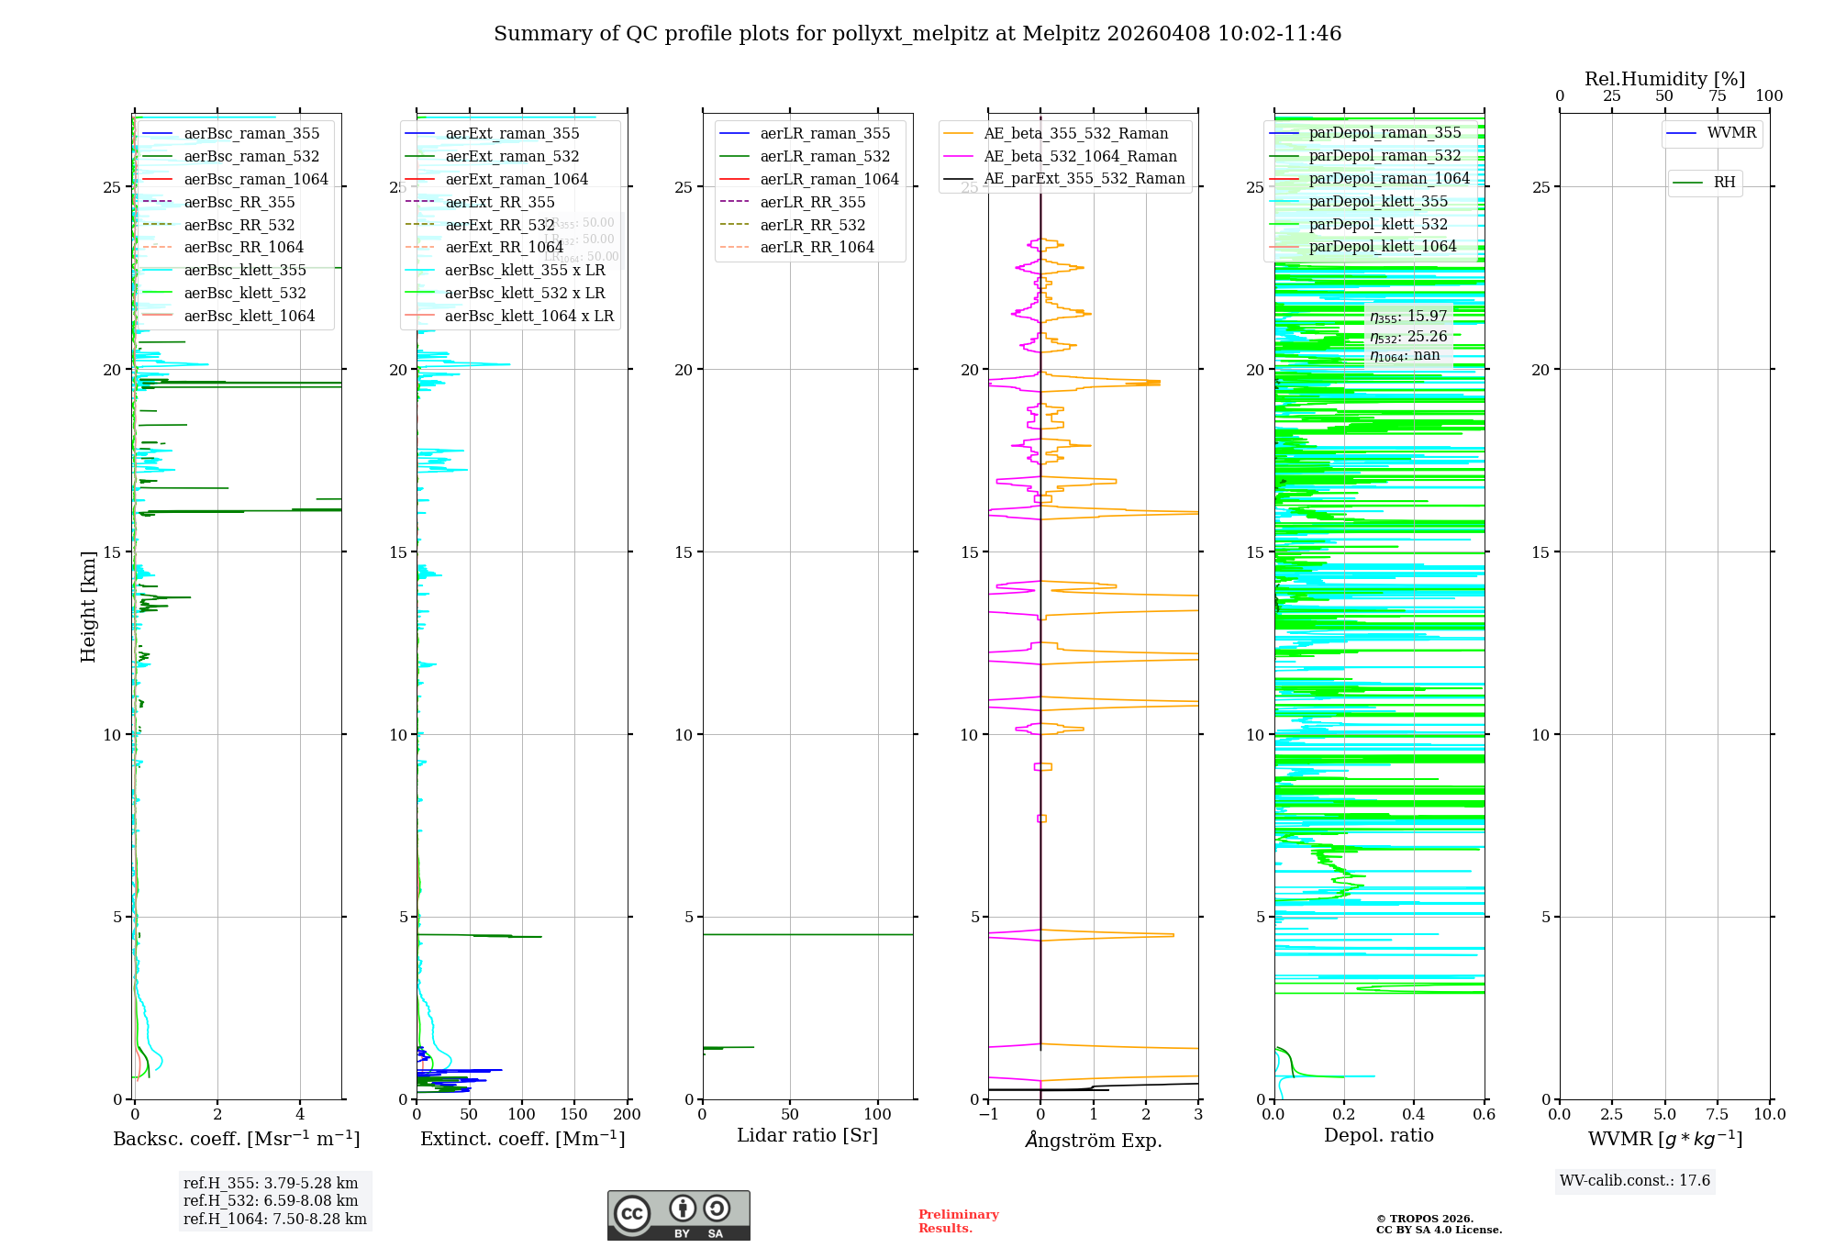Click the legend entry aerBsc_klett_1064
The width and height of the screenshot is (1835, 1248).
(x=249, y=316)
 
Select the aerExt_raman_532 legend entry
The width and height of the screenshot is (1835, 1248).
(x=512, y=156)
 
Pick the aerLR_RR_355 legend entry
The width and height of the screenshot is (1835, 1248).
(x=812, y=202)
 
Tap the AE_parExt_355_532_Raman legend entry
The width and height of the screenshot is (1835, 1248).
(x=1084, y=179)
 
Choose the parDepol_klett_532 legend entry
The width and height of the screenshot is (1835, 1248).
(x=1378, y=224)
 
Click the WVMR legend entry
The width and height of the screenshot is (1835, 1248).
(x=1731, y=133)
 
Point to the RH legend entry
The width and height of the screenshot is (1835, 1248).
(x=1724, y=183)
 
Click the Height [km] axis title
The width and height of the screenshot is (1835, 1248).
(x=88, y=607)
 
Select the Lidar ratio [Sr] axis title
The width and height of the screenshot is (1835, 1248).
(x=807, y=1136)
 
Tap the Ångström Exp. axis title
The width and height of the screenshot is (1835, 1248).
(x=1094, y=1140)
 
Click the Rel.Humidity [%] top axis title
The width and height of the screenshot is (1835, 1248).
(x=1664, y=79)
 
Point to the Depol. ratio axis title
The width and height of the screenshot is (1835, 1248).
(x=1378, y=1136)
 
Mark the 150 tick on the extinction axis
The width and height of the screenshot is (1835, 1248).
(x=574, y=1115)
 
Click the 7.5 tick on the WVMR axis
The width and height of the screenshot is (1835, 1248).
(x=1718, y=1115)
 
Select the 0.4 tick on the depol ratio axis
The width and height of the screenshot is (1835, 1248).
(x=1414, y=1115)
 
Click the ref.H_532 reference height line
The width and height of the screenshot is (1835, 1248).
(x=271, y=1201)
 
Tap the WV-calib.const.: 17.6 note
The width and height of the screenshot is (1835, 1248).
(x=1635, y=1181)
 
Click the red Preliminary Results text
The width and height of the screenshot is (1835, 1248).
(x=958, y=1221)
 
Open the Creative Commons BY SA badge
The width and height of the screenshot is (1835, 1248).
(x=678, y=1216)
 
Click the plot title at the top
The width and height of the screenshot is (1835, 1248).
(x=917, y=34)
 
